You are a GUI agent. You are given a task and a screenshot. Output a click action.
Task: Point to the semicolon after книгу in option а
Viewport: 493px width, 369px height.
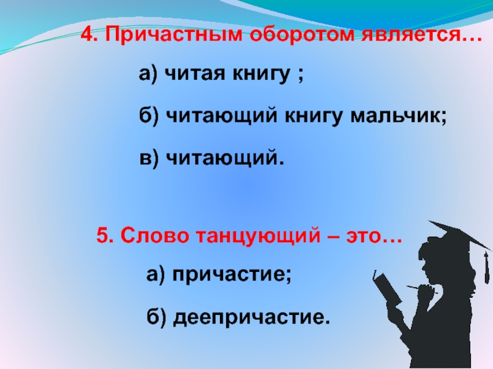(x=299, y=77)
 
